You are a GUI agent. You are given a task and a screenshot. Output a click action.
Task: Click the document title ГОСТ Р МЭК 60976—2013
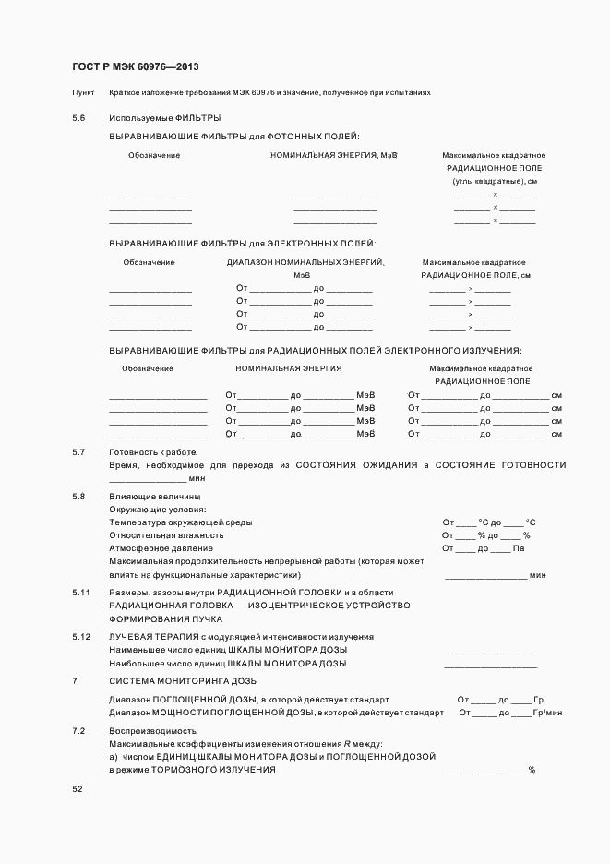(x=135, y=67)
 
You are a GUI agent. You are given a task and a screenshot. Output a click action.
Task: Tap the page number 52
(x=78, y=789)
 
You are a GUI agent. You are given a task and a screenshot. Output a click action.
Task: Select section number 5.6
(x=78, y=118)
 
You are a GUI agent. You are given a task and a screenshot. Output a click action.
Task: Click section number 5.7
(x=78, y=451)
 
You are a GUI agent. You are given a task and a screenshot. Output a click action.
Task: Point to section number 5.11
(x=80, y=592)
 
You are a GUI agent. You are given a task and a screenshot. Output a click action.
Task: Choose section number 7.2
(x=78, y=730)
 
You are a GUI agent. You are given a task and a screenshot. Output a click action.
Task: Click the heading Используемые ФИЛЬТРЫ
(x=164, y=118)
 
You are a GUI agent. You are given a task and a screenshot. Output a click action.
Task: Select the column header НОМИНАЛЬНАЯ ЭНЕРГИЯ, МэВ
(x=333, y=155)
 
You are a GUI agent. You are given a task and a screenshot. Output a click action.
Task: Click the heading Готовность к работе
(x=152, y=451)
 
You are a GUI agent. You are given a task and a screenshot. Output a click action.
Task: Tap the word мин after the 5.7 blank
(x=197, y=478)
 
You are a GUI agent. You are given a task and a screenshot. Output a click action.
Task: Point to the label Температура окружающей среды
(x=180, y=522)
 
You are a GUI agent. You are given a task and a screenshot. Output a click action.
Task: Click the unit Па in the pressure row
(x=519, y=548)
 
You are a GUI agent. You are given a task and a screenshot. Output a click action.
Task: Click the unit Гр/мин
(x=548, y=713)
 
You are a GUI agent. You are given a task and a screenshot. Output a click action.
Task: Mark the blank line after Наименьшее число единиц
(x=490, y=652)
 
